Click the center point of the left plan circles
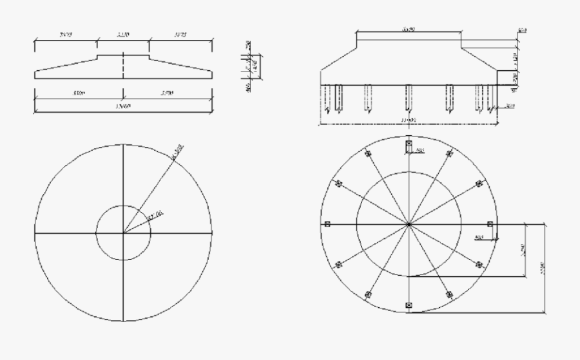(123, 232)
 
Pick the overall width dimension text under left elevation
(122, 106)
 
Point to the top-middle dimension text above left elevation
(123, 34)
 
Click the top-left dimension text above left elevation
(65, 34)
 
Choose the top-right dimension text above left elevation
(180, 34)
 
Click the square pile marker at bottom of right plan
(409, 304)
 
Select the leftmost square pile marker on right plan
(327, 224)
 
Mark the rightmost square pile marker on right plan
(490, 224)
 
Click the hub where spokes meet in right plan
(409, 224)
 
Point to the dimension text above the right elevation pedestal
(408, 29)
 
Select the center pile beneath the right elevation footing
(409, 97)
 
